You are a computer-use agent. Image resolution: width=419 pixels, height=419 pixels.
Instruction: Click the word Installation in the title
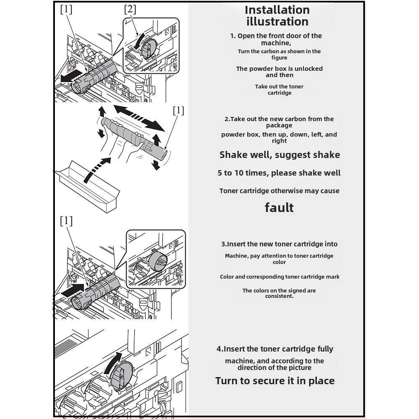pos(277,10)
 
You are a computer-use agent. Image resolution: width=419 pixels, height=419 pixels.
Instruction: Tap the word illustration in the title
pos(277,21)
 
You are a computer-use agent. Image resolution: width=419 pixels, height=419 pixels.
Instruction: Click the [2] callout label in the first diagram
pos(130,9)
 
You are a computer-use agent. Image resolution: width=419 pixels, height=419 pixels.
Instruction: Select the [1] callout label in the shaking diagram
pos(178,110)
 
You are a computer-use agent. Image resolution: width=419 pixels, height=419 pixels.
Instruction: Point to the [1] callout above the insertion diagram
pos(66,221)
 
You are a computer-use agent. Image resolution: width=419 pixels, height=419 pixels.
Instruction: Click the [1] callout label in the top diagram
pos(66,9)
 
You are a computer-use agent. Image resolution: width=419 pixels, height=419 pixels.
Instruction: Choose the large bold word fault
pos(279,207)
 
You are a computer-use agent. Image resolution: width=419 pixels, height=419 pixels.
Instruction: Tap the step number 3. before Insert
pos(224,244)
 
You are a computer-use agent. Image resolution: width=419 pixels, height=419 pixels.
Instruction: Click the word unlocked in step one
pos(308,69)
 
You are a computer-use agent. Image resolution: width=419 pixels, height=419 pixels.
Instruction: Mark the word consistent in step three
pos(279,296)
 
